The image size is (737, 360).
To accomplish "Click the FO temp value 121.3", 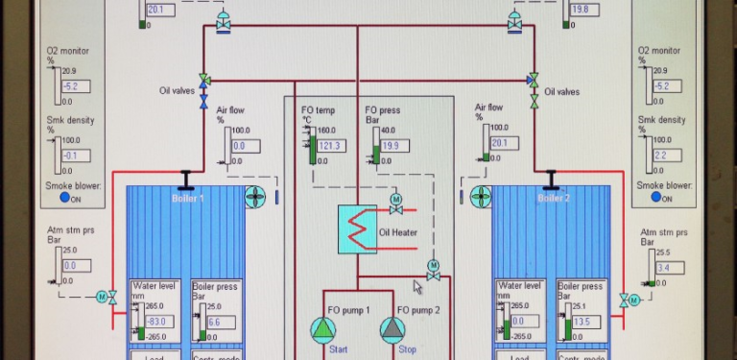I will pyautogui.click(x=331, y=146).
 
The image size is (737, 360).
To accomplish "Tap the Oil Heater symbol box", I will pyautogui.click(x=357, y=230).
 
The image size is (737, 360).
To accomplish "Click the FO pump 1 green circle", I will pyautogui.click(x=324, y=329).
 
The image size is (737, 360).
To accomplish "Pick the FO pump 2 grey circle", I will pyautogui.click(x=392, y=329).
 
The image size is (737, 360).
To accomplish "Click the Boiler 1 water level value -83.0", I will pyautogui.click(x=152, y=322).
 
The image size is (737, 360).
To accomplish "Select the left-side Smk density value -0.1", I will pyautogui.click(x=70, y=156).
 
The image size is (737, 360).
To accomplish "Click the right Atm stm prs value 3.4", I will pyautogui.click(x=667, y=268).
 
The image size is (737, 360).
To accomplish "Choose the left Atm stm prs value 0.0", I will pyautogui.click(x=70, y=266).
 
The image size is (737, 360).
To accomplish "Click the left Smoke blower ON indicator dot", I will pyautogui.click(x=64, y=198).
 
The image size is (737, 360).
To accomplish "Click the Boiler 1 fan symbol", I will pyautogui.click(x=255, y=198).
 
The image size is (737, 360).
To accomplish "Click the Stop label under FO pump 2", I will pyautogui.click(x=407, y=350).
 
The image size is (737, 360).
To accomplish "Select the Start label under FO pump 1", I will pyautogui.click(x=338, y=350).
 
